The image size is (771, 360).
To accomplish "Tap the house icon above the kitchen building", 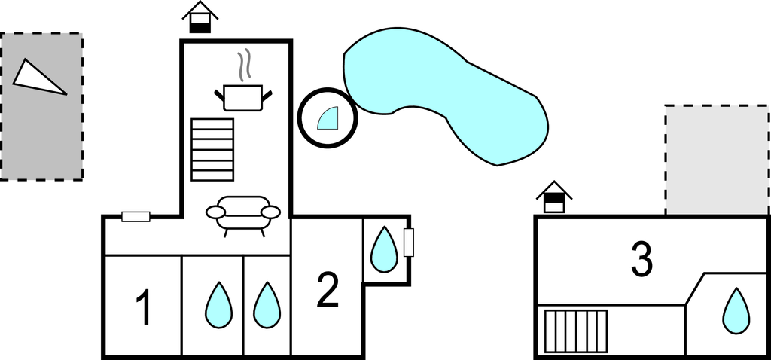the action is [200, 18].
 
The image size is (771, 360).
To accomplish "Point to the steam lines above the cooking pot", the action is [244, 66].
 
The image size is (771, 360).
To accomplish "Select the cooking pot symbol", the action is [243, 97].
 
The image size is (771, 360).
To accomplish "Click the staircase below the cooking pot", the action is [212, 150].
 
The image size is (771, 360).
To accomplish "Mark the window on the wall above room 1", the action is [136, 216].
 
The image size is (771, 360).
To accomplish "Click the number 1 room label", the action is [144, 307].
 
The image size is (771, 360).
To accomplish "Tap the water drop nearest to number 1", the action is [218, 305].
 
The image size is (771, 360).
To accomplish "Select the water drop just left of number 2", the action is [267, 305].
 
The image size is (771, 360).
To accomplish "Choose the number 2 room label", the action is [328, 290].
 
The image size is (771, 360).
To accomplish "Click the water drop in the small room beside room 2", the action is [383, 249].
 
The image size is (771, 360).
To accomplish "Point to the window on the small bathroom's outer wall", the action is [409, 243].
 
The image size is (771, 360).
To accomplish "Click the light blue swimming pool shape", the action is [444, 93].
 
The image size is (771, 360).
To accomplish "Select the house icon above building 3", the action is [554, 197].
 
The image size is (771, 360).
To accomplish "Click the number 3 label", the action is [641, 258].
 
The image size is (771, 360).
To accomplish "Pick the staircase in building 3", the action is [576, 331].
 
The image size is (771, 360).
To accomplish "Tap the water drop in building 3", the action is [736, 311].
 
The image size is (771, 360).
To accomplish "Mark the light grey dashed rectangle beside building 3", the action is [717, 160].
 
